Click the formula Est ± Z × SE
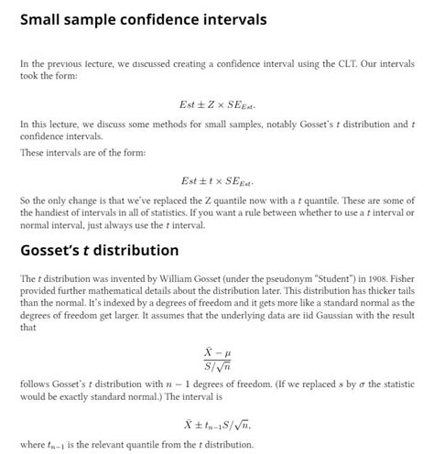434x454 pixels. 217,104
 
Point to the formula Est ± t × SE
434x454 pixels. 217,181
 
